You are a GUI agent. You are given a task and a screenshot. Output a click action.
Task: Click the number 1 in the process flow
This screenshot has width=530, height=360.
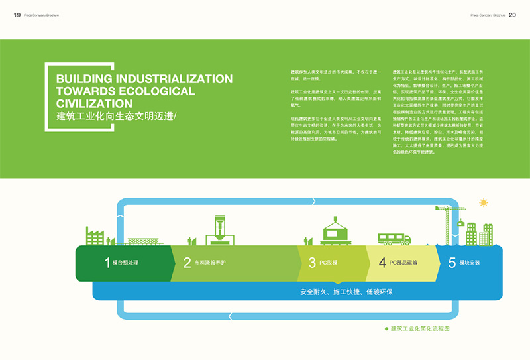click(x=107, y=263)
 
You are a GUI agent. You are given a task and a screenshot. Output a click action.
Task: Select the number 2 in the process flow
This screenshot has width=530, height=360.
click(x=187, y=263)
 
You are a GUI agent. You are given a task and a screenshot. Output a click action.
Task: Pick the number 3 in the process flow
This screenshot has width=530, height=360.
click(x=312, y=263)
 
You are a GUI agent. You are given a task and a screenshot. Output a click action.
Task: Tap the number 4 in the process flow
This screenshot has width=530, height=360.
click(x=382, y=263)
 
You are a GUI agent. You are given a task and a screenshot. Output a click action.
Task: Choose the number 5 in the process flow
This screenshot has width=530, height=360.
click(x=452, y=263)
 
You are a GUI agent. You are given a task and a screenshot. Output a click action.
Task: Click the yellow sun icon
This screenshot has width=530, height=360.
click(x=484, y=202)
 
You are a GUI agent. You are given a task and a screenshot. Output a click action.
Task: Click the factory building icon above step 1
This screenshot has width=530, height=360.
click(x=95, y=236)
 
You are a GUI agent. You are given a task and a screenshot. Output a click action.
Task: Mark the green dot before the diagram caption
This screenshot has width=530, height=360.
click(x=386, y=328)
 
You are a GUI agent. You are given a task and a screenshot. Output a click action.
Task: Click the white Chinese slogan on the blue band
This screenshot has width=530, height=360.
click(x=346, y=292)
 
